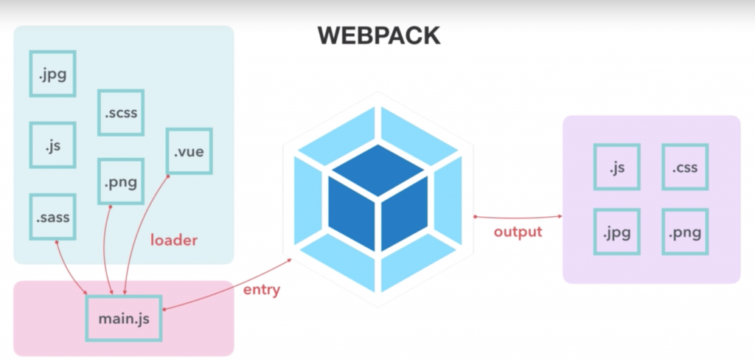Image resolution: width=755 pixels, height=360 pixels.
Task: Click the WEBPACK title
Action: (x=378, y=35)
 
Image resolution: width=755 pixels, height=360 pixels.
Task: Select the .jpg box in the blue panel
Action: (x=53, y=73)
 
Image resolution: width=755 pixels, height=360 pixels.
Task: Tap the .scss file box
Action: (x=121, y=113)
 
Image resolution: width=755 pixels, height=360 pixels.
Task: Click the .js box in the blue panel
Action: (x=53, y=145)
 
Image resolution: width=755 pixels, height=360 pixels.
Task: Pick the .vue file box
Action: (x=189, y=152)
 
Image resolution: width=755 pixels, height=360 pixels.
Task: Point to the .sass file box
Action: (x=53, y=218)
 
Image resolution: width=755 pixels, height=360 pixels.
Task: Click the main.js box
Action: (x=124, y=319)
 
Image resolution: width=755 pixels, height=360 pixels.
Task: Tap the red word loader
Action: (x=174, y=240)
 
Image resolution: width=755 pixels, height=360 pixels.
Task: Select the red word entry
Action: (x=262, y=289)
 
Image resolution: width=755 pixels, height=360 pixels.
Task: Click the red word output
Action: (x=518, y=232)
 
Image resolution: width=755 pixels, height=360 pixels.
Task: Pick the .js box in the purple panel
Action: (x=617, y=167)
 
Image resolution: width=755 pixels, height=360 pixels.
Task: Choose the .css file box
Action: (x=685, y=167)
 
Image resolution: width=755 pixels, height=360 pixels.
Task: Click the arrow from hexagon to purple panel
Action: (x=518, y=216)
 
